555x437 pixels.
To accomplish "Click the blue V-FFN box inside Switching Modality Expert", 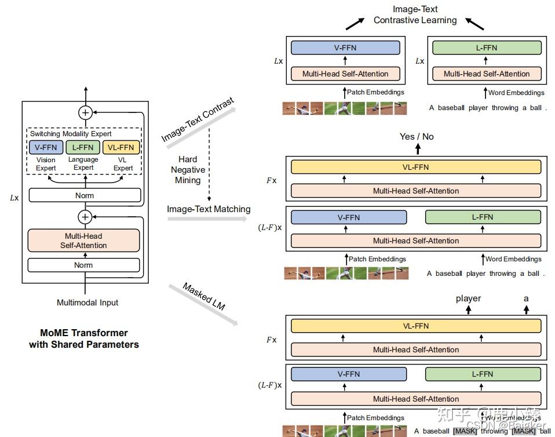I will coord(46,147).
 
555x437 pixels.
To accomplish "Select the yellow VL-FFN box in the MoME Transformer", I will coord(121,147).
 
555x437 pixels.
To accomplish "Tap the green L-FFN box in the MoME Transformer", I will coord(83,147).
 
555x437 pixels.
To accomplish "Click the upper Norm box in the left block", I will coord(84,195).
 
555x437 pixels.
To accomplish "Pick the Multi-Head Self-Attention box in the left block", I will coord(84,241).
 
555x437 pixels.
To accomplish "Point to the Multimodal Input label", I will coord(87,303).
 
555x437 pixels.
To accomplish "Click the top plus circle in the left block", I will coord(85,112).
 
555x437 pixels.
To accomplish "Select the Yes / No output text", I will coord(417,137).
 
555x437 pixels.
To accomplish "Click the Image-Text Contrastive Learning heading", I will coord(415,14).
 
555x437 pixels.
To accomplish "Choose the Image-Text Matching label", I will coord(209,209).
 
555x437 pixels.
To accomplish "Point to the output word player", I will coord(468,298).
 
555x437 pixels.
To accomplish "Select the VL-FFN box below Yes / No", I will coord(416,167).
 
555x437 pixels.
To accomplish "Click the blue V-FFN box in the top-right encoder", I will coord(345,48).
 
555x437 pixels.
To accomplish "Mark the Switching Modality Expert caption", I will coord(71,133).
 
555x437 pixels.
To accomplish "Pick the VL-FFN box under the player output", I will coord(416,326).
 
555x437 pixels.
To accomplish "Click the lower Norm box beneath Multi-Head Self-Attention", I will coord(84,265).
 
